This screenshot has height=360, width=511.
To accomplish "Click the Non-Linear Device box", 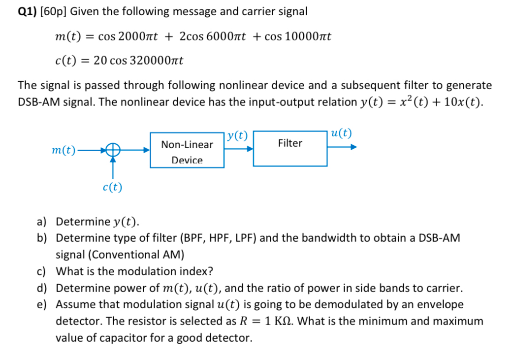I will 187,150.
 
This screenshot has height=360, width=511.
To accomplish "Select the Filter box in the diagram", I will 290,148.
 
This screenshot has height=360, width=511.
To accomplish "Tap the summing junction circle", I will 113,150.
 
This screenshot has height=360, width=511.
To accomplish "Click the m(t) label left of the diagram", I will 64,150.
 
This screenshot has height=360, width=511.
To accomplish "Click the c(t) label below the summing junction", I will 113,187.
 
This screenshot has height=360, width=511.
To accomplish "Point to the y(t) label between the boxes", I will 239,136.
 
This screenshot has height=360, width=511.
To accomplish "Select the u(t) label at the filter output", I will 342,133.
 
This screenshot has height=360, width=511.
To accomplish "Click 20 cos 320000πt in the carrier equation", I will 138,61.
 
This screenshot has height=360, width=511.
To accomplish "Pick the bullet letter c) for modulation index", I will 42,271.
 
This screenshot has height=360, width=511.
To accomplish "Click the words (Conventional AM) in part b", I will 133,255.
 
